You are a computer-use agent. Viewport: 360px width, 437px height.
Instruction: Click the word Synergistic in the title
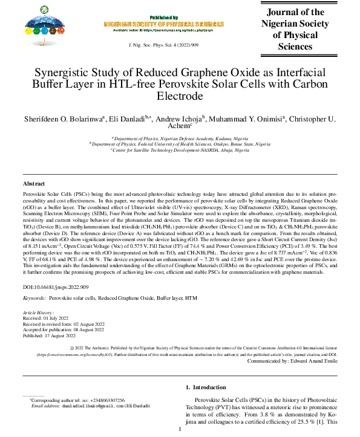[63, 73]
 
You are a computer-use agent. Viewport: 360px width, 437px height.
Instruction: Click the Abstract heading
[34, 183]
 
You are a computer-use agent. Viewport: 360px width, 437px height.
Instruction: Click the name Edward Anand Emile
[312, 360]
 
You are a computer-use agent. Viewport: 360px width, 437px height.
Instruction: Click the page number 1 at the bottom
[180, 429]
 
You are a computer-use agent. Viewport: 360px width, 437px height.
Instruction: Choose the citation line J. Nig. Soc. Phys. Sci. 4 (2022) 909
[164, 45]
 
